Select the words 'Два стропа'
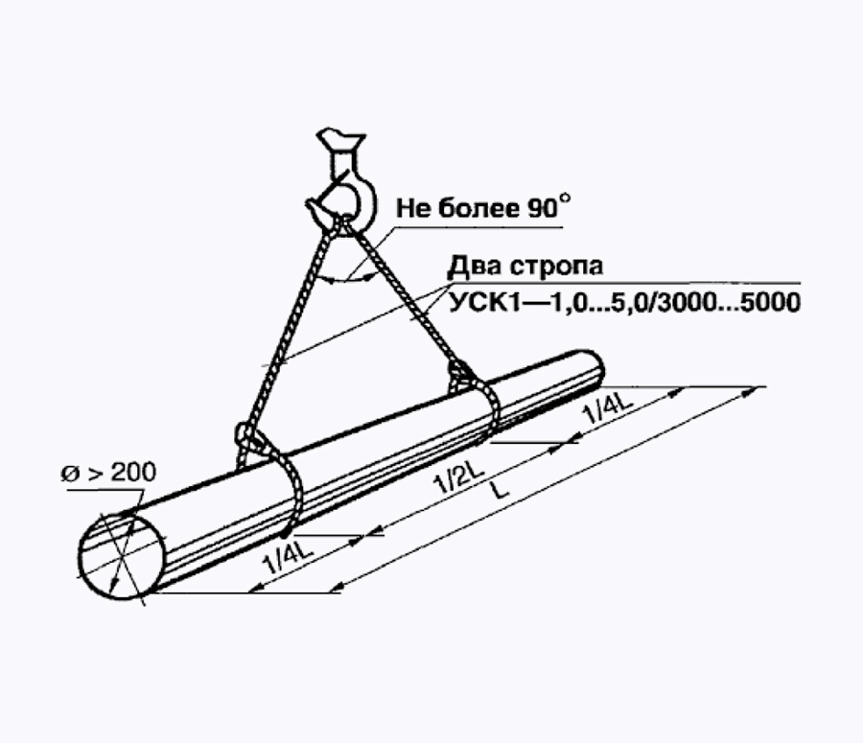(x=525, y=267)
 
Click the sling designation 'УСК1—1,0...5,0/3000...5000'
(x=624, y=302)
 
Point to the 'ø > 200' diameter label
(x=108, y=473)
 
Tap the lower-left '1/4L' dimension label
(x=288, y=557)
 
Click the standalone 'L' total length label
(x=500, y=490)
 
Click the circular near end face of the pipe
(x=122, y=557)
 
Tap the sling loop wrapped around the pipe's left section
(x=290, y=487)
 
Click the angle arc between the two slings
(x=347, y=280)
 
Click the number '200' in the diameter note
(x=133, y=473)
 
